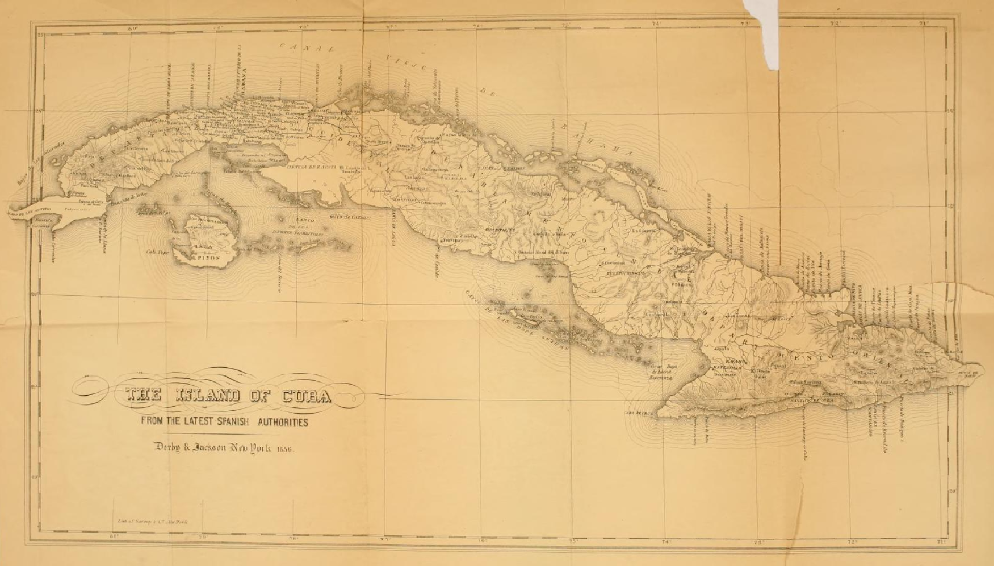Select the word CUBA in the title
pyautogui.click(x=302, y=395)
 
